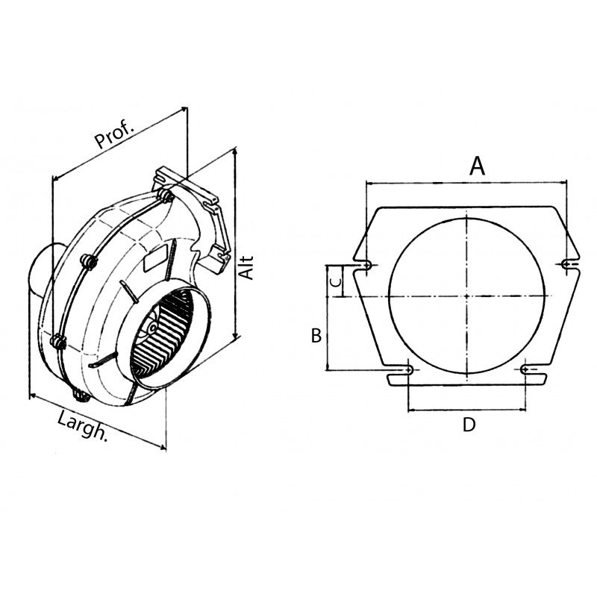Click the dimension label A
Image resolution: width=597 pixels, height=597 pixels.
pyautogui.click(x=477, y=166)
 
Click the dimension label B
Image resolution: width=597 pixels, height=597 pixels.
pyautogui.click(x=316, y=336)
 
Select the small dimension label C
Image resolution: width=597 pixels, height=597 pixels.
pyautogui.click(x=336, y=282)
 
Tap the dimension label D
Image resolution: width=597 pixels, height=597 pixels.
pyautogui.click(x=469, y=425)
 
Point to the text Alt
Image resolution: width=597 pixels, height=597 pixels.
pyautogui.click(x=247, y=268)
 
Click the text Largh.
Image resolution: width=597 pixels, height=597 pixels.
pyautogui.click(x=82, y=427)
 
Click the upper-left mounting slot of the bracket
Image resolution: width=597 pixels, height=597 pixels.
pyautogui.click(x=369, y=265)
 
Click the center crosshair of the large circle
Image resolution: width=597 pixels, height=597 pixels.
pyautogui.click(x=467, y=296)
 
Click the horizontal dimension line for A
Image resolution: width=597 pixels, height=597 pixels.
pyautogui.click(x=466, y=182)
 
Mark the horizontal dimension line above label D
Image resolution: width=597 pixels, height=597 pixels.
pyautogui.click(x=468, y=410)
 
